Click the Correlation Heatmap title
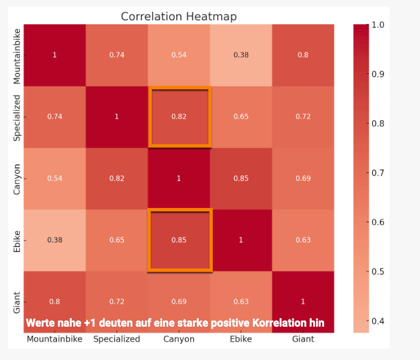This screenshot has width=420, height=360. coord(178,16)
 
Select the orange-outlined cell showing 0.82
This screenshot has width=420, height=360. coord(179,117)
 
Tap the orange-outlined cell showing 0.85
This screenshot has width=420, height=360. coord(179,240)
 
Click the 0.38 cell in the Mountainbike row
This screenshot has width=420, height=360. coord(241,55)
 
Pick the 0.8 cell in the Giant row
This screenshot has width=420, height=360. coord(55,301)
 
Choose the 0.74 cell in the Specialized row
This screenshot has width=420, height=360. coord(55,117)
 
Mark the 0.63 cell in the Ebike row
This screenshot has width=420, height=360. coord(303,240)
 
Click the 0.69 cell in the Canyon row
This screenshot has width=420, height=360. coord(303,179)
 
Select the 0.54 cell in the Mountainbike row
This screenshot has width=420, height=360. coord(179,55)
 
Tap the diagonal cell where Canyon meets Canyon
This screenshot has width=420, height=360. coord(179,179)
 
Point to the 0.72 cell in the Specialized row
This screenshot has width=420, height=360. coord(303,117)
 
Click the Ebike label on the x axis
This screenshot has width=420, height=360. coord(241,339)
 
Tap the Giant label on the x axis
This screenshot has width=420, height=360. coord(303,339)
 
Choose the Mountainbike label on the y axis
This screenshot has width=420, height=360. coord(17,55)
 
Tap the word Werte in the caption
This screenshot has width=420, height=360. coord(40,323)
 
